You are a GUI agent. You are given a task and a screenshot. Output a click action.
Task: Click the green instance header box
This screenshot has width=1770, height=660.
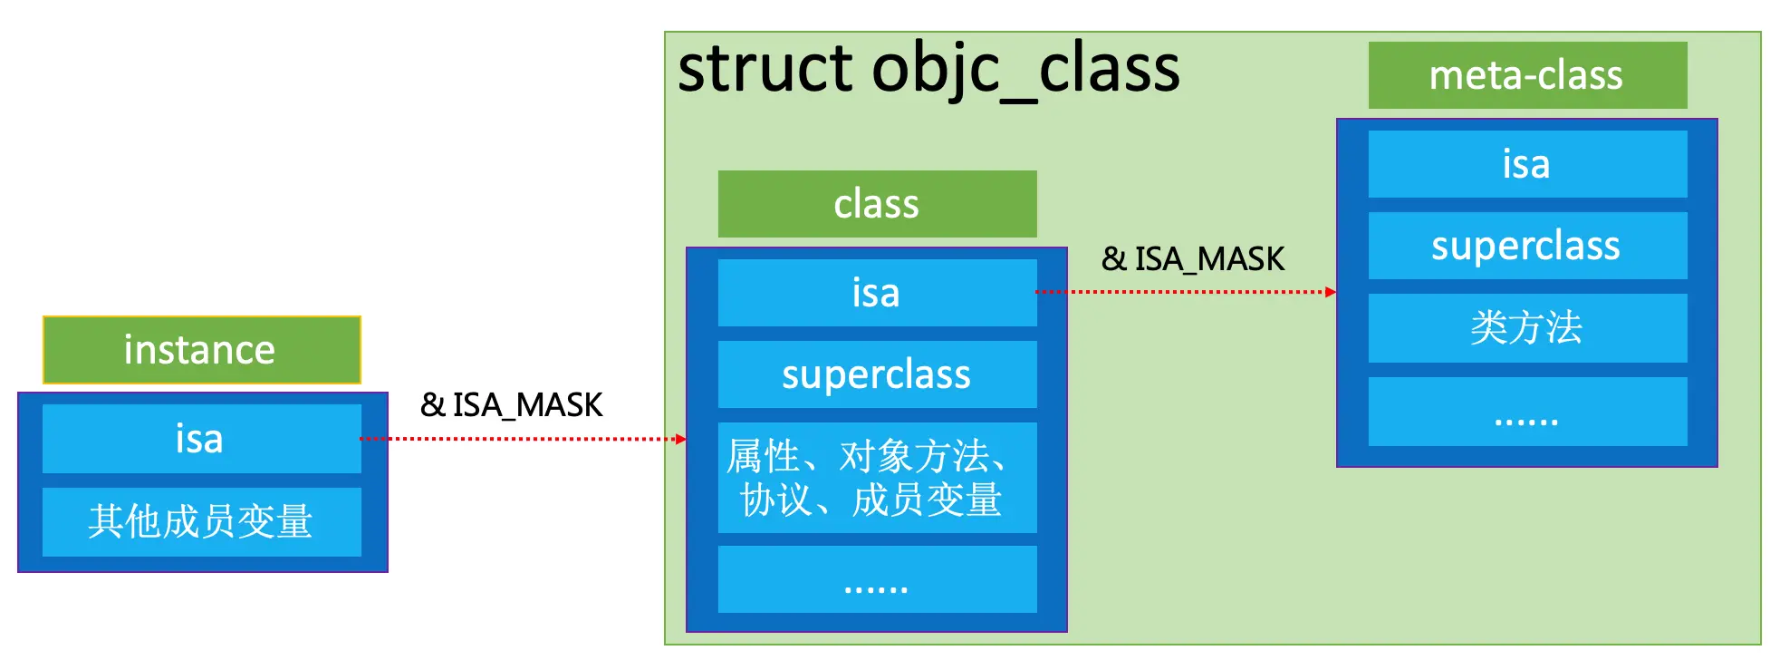(x=201, y=350)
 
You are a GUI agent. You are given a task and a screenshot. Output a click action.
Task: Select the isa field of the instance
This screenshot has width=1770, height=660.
(x=201, y=439)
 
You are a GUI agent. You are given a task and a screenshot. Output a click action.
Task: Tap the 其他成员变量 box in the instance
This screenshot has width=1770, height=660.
(x=201, y=522)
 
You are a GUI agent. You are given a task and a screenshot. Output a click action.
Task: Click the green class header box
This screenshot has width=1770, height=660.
(x=877, y=204)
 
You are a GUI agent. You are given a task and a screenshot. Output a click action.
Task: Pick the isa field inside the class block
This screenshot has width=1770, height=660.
(x=877, y=293)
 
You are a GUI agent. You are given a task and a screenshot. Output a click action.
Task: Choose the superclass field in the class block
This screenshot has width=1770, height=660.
(x=877, y=374)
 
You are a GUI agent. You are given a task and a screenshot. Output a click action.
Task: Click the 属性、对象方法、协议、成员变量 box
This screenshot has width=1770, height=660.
(x=877, y=478)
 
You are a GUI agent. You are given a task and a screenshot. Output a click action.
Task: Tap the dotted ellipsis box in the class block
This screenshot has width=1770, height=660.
(x=877, y=579)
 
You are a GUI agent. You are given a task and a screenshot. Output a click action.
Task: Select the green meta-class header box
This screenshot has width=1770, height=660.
(x=1527, y=75)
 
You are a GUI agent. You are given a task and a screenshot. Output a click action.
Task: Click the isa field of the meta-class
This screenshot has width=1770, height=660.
(x=1527, y=164)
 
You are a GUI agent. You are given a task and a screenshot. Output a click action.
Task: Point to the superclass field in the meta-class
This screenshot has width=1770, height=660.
(x=1527, y=246)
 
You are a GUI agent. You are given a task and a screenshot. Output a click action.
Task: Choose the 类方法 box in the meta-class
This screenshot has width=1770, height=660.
(x=1527, y=328)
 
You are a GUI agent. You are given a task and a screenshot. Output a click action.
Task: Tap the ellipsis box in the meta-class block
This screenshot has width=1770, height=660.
(x=1527, y=412)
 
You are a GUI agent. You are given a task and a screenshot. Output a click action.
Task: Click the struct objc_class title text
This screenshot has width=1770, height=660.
(x=928, y=69)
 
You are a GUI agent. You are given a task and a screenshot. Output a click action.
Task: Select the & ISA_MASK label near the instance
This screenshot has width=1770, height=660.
(x=511, y=405)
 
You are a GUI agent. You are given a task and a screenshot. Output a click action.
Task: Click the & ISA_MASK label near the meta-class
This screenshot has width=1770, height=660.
(x=1193, y=259)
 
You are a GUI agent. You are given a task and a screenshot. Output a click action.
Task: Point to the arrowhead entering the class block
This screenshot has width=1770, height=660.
(x=681, y=440)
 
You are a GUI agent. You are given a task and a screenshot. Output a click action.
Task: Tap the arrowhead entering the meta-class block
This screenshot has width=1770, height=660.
(x=1331, y=292)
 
